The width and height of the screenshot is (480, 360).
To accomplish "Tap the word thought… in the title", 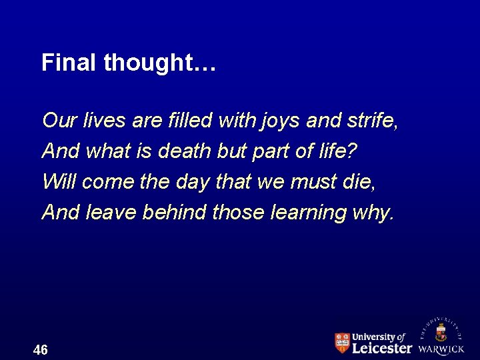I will [x=160, y=63].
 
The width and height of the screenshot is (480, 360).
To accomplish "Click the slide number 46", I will [x=40, y=350].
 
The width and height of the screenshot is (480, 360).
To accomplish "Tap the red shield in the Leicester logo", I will [x=342, y=343].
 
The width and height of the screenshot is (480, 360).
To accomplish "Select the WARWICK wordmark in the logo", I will [x=441, y=349].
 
